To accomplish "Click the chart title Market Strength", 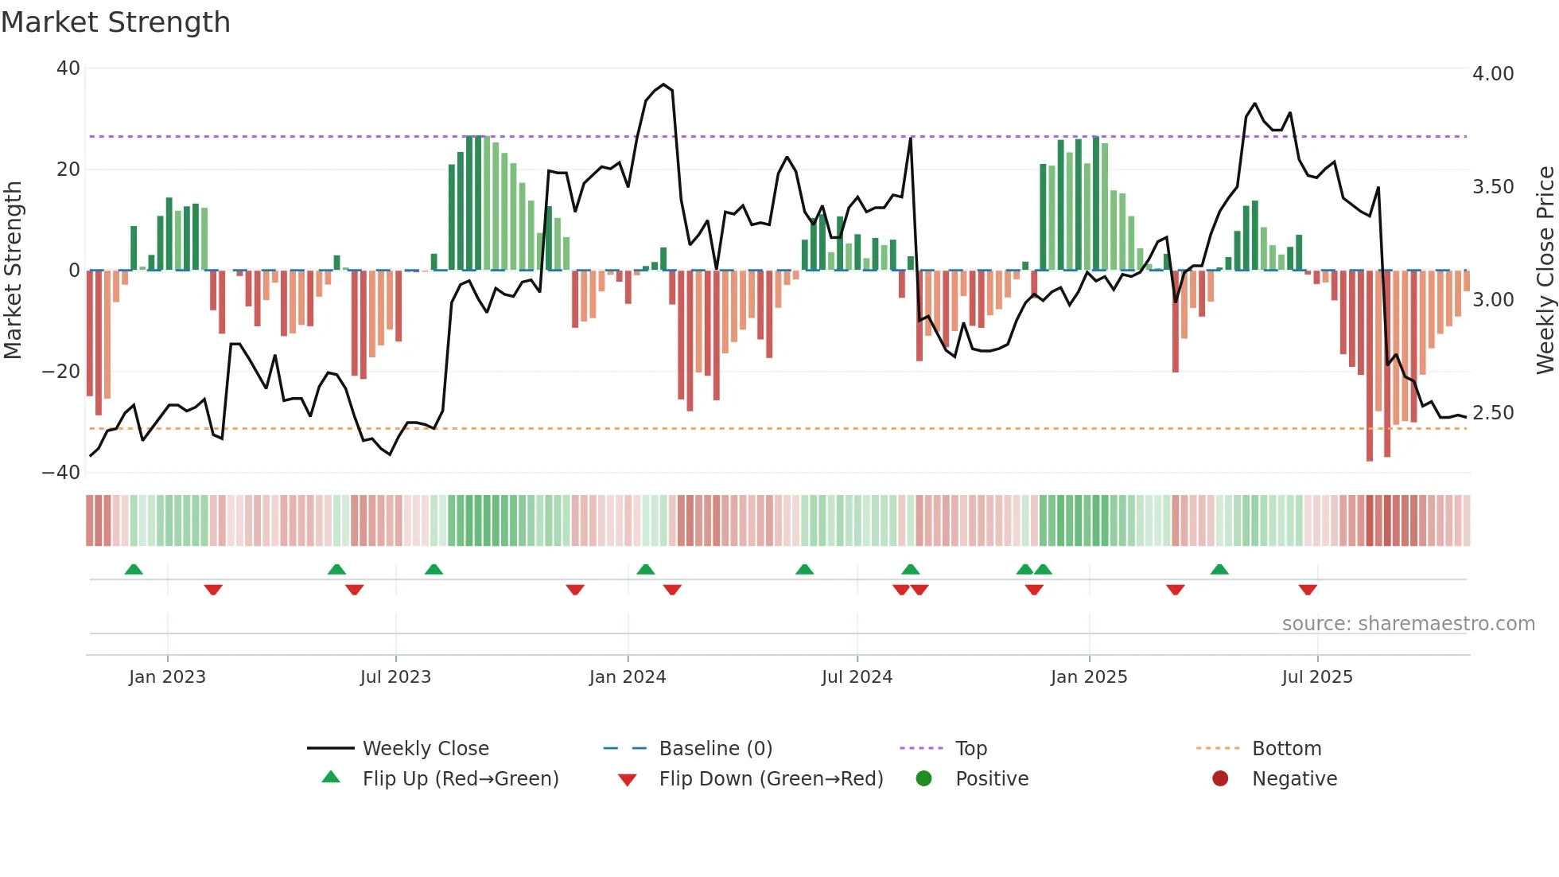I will click(x=115, y=22).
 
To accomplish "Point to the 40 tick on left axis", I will click(x=68, y=68).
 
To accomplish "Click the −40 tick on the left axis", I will click(x=61, y=473).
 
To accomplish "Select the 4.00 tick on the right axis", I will click(x=1492, y=74).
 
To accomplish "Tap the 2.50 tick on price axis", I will click(x=1492, y=413).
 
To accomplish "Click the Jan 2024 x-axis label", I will click(x=627, y=677).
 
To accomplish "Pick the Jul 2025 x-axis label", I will click(x=1316, y=677).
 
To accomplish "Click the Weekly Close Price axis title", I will click(x=1545, y=271).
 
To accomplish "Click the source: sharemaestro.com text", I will click(x=1408, y=624).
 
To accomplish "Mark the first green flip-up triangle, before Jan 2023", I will click(x=134, y=569).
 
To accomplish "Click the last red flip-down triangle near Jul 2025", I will click(x=1308, y=590).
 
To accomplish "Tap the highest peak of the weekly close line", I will click(x=664, y=84).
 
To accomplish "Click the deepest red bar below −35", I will click(x=1369, y=458).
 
